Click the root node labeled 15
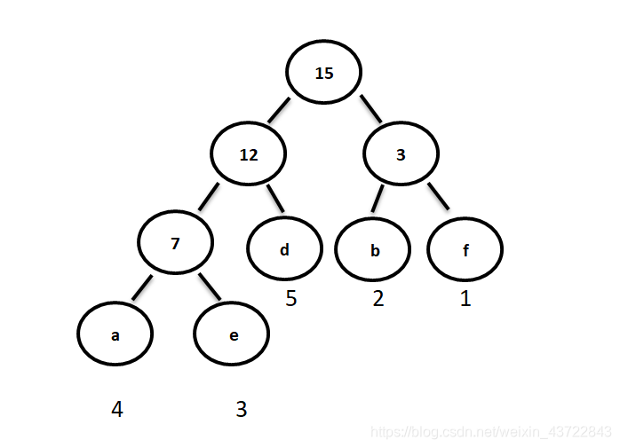(x=324, y=73)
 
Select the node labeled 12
(x=249, y=153)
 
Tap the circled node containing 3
(x=401, y=153)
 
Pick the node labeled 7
(x=175, y=242)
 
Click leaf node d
(x=284, y=249)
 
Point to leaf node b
(x=374, y=249)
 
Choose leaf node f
(x=465, y=249)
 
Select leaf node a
(x=115, y=335)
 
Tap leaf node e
(x=233, y=335)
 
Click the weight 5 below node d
(x=290, y=299)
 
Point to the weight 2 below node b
(x=378, y=299)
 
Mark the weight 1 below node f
(x=465, y=299)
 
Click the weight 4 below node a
(x=117, y=409)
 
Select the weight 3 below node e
(x=241, y=409)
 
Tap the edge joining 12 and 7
(x=210, y=195)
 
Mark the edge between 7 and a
(x=143, y=287)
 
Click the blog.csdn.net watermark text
(x=491, y=432)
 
